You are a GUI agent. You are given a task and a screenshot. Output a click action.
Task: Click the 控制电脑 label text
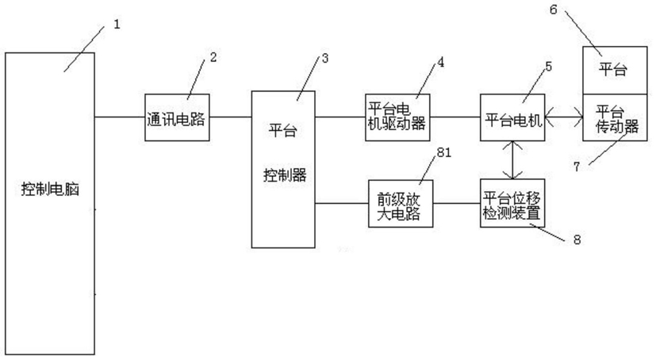click(50, 190)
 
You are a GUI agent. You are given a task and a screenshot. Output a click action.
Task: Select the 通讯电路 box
click(177, 117)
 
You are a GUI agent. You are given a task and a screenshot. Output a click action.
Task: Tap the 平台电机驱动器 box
click(397, 117)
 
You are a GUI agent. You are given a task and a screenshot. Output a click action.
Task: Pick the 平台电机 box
click(512, 117)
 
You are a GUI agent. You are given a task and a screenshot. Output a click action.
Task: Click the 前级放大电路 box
click(401, 204)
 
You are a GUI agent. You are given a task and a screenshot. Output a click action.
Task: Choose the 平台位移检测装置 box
click(512, 204)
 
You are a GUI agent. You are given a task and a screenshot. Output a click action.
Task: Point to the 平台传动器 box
click(615, 117)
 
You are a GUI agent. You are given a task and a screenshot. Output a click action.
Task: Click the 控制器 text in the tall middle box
click(285, 174)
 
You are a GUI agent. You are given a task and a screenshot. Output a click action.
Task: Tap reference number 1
click(117, 25)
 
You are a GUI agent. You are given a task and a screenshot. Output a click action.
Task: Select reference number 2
click(213, 57)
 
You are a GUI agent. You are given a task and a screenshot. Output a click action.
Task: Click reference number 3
click(325, 58)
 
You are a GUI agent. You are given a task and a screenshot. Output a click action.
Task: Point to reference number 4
click(440, 63)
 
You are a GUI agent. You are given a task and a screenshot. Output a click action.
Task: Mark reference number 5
click(548, 67)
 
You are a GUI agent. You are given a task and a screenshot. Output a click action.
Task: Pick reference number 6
click(553, 10)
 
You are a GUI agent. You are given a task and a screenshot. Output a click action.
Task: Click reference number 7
click(577, 167)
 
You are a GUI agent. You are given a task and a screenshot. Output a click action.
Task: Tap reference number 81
click(444, 152)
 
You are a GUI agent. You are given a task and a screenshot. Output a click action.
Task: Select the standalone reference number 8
click(577, 239)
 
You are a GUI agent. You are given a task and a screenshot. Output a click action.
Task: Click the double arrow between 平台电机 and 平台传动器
click(563, 117)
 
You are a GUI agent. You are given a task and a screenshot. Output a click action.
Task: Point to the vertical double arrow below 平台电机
click(513, 160)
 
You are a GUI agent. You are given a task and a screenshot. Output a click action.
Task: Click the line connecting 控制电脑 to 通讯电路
click(120, 117)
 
